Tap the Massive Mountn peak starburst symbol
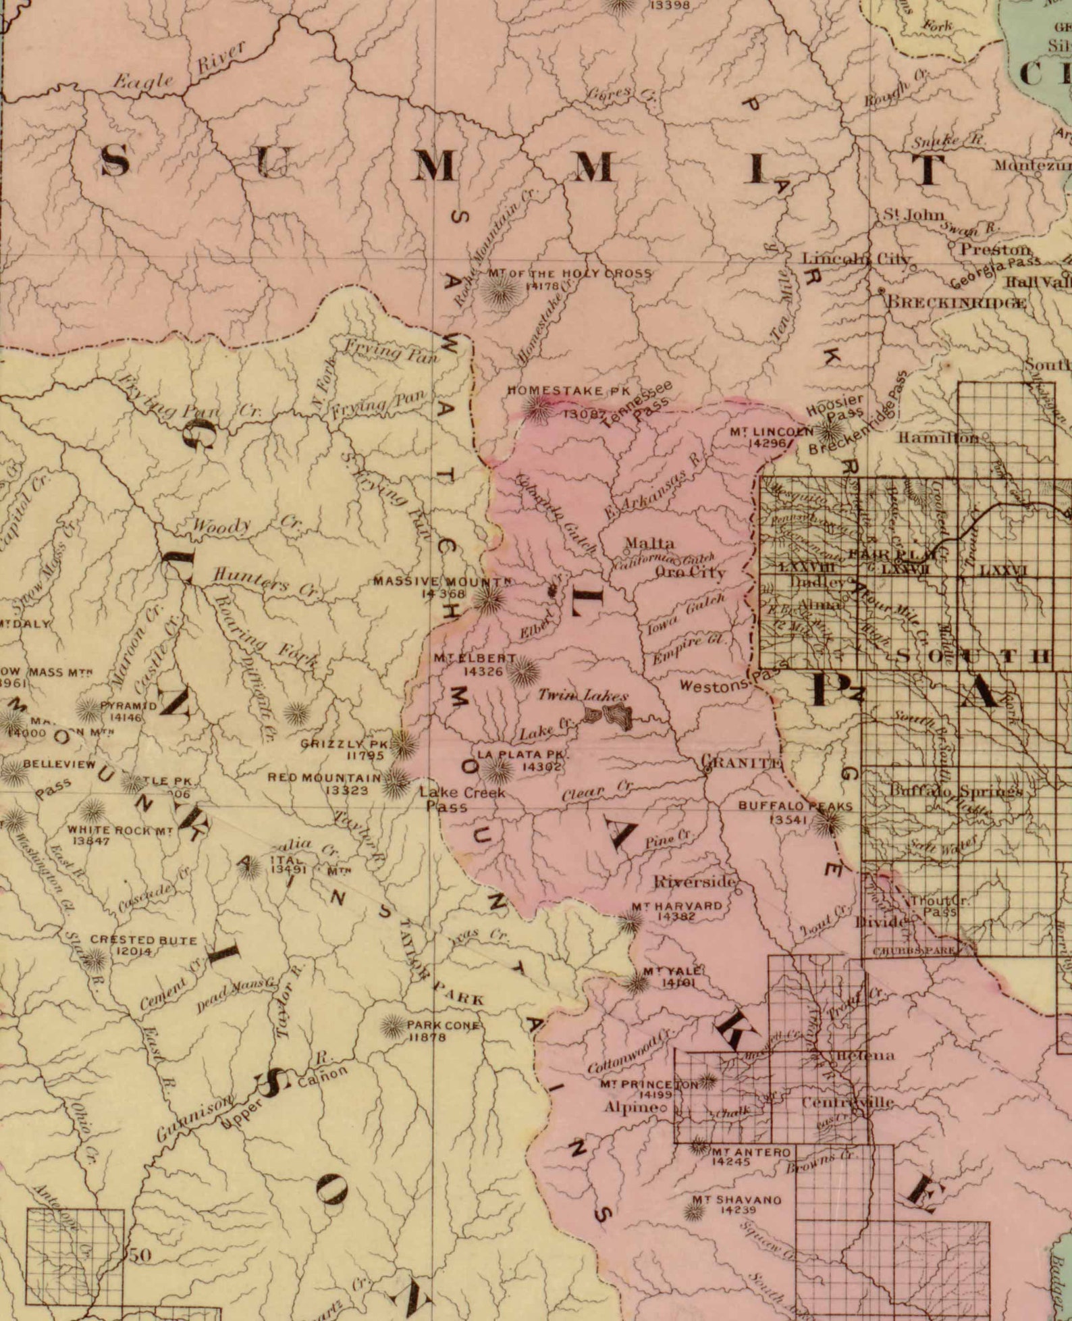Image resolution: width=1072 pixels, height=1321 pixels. pos(488,598)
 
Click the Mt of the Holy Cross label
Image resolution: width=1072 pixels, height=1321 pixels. pos(569,274)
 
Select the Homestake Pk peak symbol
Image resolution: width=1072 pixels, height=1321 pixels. pos(539,408)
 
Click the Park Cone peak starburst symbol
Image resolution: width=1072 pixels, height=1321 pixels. pos(392,1027)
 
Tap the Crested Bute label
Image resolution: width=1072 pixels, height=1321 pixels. pos(143,939)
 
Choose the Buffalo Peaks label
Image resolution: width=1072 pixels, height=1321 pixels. pos(795,806)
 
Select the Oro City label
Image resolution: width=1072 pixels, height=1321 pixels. pos(690,572)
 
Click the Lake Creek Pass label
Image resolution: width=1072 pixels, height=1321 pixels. pos(462,799)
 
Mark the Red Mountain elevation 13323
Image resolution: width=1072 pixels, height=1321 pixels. pos(346,789)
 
